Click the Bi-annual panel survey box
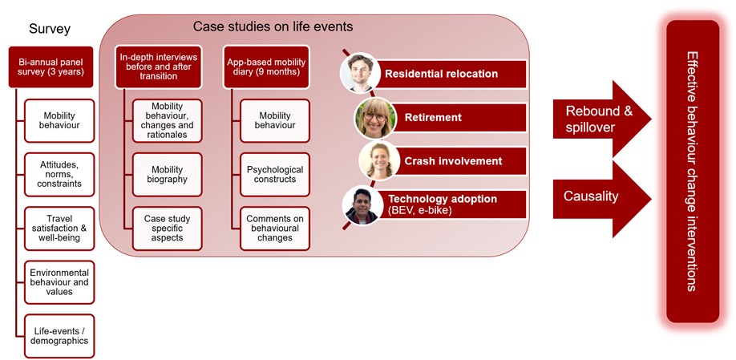coord(51,67)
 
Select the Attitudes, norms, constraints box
coord(59,174)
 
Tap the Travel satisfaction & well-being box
coord(59,229)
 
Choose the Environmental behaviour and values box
coord(59,282)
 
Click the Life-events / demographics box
coord(59,336)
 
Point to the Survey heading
coord(50,29)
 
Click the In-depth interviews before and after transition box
coord(159,67)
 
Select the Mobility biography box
coord(167,174)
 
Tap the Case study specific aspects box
coord(167,229)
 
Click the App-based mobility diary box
coord(266,67)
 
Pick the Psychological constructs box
coord(274,174)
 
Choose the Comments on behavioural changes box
coord(274,229)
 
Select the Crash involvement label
coord(453,161)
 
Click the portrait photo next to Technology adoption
coord(362,204)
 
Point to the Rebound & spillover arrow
coord(602,119)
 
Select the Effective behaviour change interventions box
coord(693,172)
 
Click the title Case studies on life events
coord(273,26)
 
